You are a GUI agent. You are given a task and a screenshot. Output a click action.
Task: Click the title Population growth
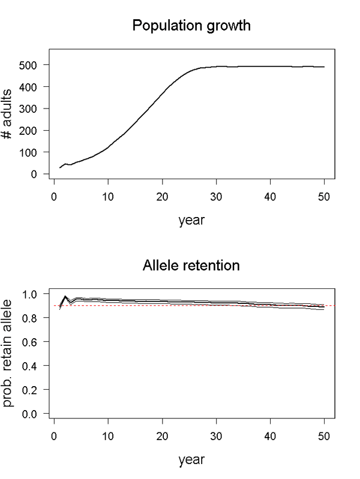pyautogui.click(x=191, y=26)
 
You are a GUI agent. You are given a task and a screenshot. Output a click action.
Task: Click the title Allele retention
pyautogui.click(x=191, y=266)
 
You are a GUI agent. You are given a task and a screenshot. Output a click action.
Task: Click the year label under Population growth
pyautogui.click(x=191, y=221)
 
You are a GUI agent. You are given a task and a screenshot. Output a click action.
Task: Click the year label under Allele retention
pyautogui.click(x=191, y=460)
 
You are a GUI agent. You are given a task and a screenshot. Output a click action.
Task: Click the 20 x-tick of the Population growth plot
pyautogui.click(x=162, y=195)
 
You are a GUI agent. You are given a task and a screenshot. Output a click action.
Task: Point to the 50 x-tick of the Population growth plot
pyautogui.click(x=324, y=195)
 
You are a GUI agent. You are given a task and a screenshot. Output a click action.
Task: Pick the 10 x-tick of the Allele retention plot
pyautogui.click(x=108, y=435)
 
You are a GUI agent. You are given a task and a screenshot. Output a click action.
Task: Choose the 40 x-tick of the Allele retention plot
pyautogui.click(x=270, y=435)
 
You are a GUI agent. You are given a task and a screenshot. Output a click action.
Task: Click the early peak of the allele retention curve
pyautogui.click(x=65, y=296)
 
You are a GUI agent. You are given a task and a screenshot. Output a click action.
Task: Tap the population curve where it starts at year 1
pyautogui.click(x=59, y=168)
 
